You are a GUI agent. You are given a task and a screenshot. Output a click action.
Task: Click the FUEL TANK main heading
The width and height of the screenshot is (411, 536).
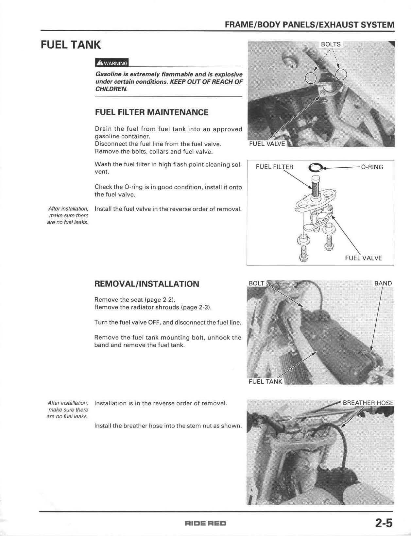pyautogui.click(x=71, y=45)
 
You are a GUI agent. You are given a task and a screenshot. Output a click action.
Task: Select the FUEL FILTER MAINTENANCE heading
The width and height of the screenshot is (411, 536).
pyautogui.click(x=151, y=112)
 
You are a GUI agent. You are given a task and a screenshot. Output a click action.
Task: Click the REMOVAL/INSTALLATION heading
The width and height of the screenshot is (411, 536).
pyautogui.click(x=146, y=284)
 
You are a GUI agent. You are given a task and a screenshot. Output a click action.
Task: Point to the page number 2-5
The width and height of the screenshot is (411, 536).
pyautogui.click(x=384, y=523)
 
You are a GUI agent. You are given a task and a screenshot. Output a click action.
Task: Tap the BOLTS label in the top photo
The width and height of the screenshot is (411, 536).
pyautogui.click(x=331, y=44)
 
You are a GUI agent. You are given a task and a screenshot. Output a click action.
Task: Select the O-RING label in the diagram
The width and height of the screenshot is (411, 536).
pyautogui.click(x=372, y=167)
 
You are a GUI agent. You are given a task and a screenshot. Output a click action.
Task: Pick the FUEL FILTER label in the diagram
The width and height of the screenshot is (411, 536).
pyautogui.click(x=274, y=167)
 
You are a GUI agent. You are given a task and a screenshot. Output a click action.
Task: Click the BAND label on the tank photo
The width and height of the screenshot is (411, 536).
pyautogui.click(x=383, y=283)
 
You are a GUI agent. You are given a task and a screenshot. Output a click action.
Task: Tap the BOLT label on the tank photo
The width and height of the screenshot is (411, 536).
pyautogui.click(x=256, y=283)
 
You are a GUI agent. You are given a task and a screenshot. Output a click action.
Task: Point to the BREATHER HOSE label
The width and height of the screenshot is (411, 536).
pyautogui.click(x=368, y=403)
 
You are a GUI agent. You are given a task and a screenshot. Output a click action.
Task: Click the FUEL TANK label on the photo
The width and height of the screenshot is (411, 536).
pyautogui.click(x=265, y=381)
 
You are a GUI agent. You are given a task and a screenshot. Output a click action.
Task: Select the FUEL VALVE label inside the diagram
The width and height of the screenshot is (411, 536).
pyautogui.click(x=363, y=258)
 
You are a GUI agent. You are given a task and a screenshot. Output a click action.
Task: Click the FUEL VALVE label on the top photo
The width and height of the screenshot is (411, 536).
pyautogui.click(x=267, y=144)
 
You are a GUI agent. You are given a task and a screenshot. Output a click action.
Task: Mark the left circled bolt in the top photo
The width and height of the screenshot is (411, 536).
pyautogui.click(x=311, y=78)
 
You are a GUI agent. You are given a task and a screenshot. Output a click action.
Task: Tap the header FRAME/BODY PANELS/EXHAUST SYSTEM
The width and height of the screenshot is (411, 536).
pyautogui.click(x=309, y=25)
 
